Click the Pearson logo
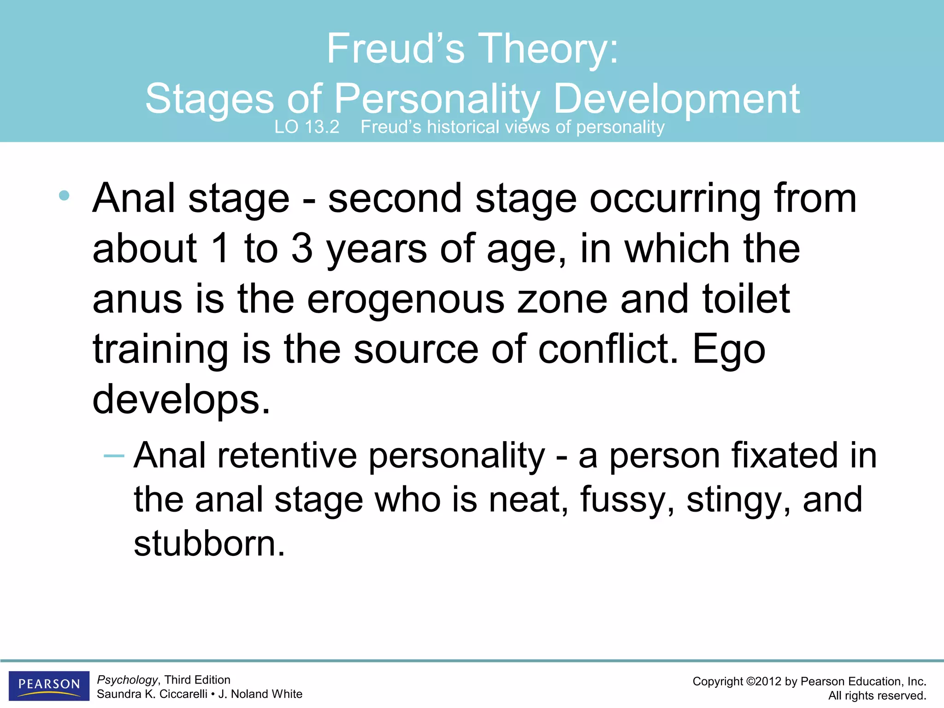point(49,685)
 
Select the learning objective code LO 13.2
point(307,127)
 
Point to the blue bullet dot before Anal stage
point(64,196)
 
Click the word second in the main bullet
point(395,199)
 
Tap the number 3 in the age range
point(302,249)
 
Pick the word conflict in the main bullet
point(608,349)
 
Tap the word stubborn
point(209,544)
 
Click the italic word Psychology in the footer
point(127,680)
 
